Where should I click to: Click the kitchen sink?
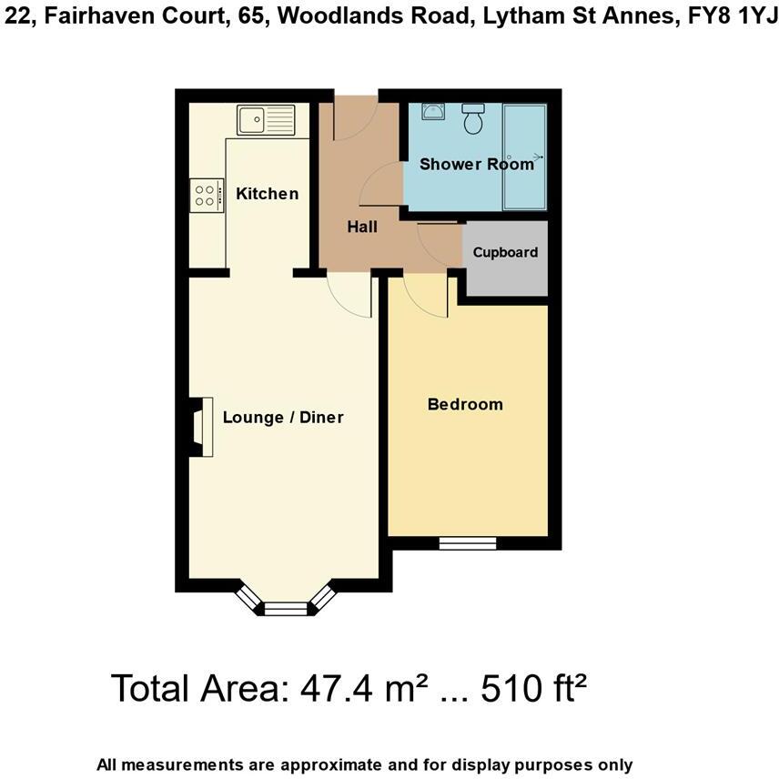click(267, 119)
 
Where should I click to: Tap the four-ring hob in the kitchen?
click(206, 194)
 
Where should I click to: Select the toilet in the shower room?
click(473, 119)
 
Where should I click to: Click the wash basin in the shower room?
click(432, 112)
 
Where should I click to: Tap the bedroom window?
click(467, 543)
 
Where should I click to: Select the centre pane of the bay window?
click(288, 608)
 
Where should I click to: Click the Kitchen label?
click(267, 193)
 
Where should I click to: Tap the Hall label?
click(362, 227)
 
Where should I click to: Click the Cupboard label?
click(505, 252)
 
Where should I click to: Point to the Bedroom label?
click(465, 404)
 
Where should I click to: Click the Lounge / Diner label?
click(283, 418)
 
